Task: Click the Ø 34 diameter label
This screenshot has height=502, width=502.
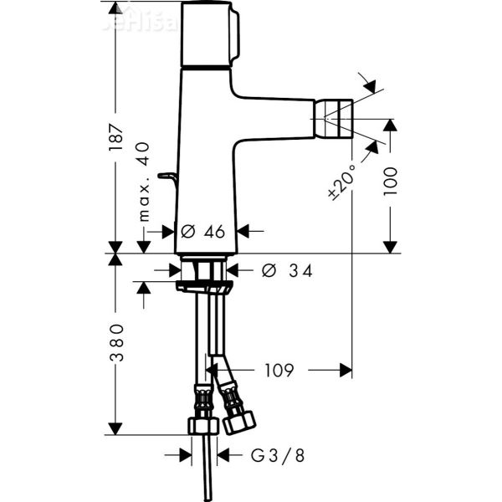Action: coord(287,270)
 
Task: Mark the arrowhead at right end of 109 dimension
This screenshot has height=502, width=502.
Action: coord(344,369)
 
